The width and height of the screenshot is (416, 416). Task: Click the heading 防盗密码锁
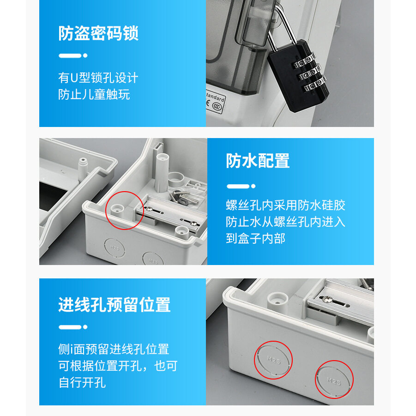click(98, 33)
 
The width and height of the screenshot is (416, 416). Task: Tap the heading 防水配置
click(258, 161)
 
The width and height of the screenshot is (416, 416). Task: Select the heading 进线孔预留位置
click(115, 305)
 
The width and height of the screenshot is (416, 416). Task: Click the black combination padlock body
click(298, 76)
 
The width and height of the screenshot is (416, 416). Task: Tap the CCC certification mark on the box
click(217, 106)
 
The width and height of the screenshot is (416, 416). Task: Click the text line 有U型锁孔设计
click(98, 78)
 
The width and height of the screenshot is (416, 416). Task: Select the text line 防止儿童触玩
click(94, 95)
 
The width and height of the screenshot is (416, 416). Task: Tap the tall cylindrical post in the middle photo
click(162, 173)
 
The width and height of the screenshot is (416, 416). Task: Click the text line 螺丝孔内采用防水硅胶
click(285, 205)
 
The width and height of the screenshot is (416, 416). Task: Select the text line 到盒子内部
click(255, 238)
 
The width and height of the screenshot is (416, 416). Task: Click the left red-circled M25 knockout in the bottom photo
click(273, 360)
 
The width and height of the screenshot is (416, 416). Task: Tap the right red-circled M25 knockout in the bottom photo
click(334, 380)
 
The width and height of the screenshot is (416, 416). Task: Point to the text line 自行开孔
click(82, 383)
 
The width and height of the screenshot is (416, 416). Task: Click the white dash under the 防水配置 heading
click(238, 186)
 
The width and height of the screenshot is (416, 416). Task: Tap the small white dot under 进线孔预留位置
click(85, 327)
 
